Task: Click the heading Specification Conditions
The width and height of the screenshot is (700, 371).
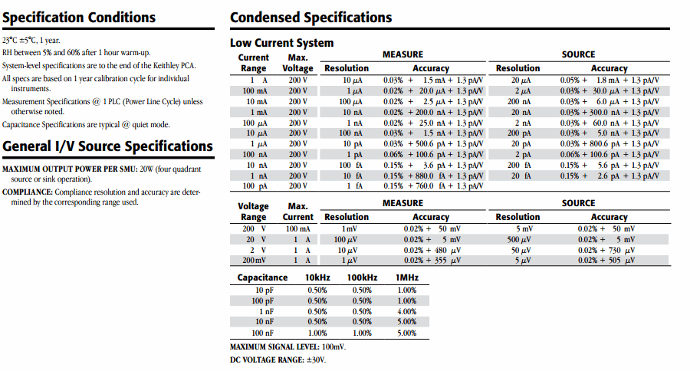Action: (78, 18)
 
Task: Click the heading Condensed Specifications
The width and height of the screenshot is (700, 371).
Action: (311, 18)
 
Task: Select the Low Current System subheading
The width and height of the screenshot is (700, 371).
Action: (281, 43)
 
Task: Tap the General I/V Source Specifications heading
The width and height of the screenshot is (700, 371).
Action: (108, 146)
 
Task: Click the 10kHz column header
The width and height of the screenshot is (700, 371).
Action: (317, 277)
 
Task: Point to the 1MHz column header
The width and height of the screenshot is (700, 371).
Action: (406, 277)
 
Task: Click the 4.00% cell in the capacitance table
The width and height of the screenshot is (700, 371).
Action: (406, 311)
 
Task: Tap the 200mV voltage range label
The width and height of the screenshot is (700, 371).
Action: (253, 261)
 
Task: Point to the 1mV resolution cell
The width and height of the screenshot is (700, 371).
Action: (350, 228)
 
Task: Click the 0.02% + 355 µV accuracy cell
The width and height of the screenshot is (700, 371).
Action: (432, 261)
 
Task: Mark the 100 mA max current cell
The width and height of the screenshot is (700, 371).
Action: (298, 228)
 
